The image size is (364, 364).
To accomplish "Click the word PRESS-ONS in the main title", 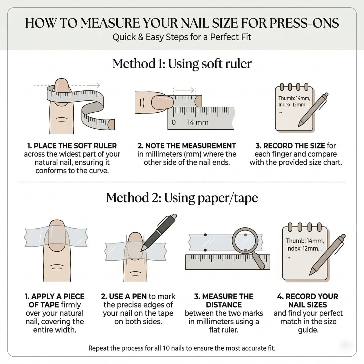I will [304, 23].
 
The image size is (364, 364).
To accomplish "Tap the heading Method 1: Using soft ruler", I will [182, 64].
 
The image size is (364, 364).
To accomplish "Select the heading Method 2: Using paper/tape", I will [182, 198].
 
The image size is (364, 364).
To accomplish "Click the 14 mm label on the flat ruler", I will [198, 122].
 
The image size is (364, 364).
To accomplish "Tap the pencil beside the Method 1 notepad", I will [313, 109].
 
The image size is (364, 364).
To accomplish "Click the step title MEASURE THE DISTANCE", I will [224, 300].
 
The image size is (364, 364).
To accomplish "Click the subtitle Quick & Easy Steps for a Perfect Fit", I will [182, 37].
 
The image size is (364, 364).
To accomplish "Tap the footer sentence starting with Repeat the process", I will [182, 348].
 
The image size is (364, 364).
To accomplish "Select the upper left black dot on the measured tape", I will [205, 235].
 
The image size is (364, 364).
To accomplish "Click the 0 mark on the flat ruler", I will [174, 122].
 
